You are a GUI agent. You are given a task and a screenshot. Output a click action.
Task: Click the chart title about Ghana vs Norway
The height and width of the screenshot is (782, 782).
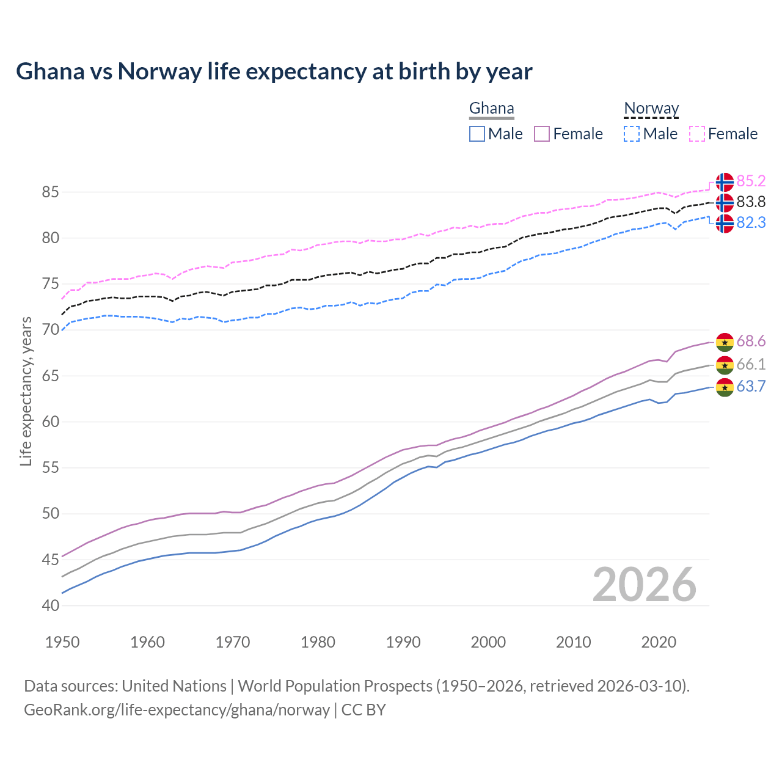click(x=274, y=71)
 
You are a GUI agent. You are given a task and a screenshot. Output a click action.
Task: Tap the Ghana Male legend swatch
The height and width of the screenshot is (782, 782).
click(x=477, y=134)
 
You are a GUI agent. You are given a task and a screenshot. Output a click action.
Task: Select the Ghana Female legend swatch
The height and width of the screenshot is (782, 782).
click(x=542, y=134)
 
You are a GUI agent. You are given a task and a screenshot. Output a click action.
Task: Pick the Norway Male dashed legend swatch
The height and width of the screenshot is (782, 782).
click(x=632, y=134)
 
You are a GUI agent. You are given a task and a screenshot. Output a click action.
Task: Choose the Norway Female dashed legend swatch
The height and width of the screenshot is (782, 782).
click(x=697, y=134)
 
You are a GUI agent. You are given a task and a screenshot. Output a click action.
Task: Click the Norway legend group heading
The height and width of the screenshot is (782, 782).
click(x=651, y=109)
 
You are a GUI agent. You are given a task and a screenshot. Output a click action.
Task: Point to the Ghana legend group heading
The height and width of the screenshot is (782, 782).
click(x=491, y=109)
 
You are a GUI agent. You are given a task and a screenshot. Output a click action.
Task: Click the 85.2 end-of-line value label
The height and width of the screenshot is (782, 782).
click(x=751, y=181)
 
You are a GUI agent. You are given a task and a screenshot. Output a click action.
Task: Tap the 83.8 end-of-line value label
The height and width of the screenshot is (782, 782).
click(x=751, y=202)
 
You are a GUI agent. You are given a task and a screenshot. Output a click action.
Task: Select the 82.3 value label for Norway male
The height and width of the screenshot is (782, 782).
click(x=751, y=223)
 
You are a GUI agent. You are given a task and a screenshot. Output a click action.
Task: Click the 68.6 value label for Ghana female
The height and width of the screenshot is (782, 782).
click(x=751, y=342)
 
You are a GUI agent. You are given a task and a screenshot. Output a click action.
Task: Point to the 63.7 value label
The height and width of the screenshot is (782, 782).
click(x=751, y=387)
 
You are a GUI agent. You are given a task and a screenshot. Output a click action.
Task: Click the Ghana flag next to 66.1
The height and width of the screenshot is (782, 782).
click(x=725, y=365)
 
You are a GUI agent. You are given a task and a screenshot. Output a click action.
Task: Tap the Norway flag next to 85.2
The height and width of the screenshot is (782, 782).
click(x=725, y=182)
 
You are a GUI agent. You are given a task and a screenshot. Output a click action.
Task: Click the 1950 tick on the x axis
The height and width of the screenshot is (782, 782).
click(x=62, y=642)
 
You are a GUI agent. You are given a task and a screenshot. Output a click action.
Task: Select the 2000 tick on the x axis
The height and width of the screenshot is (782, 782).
click(x=488, y=642)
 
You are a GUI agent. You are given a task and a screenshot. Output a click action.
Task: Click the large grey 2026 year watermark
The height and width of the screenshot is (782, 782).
click(x=644, y=585)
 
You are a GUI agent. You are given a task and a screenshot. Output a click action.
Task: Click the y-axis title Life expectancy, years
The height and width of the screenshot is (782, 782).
click(x=26, y=391)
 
